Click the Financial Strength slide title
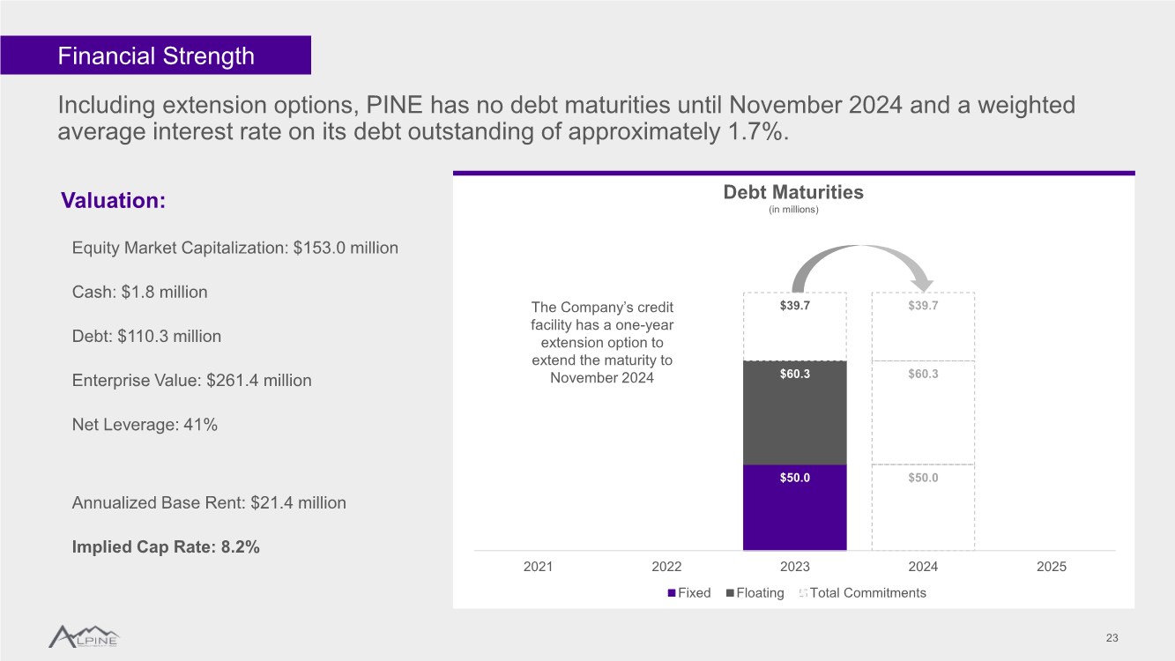(156, 56)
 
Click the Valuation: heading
(114, 200)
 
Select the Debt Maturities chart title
(793, 192)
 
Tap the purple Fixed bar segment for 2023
(795, 508)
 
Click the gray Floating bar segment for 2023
(795, 412)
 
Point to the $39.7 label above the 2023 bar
(795, 305)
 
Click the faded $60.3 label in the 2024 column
(923, 374)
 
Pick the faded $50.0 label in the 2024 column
(923, 478)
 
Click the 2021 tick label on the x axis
(539, 567)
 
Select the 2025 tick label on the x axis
(1052, 567)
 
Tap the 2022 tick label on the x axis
(666, 567)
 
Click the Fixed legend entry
(689, 593)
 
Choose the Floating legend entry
(755, 593)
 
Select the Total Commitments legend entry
(862, 593)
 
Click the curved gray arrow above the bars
(860, 248)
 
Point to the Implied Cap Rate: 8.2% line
(166, 546)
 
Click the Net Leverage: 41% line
(145, 425)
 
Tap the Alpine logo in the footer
(84, 636)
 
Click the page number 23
(1112, 638)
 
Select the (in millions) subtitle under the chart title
(793, 210)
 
